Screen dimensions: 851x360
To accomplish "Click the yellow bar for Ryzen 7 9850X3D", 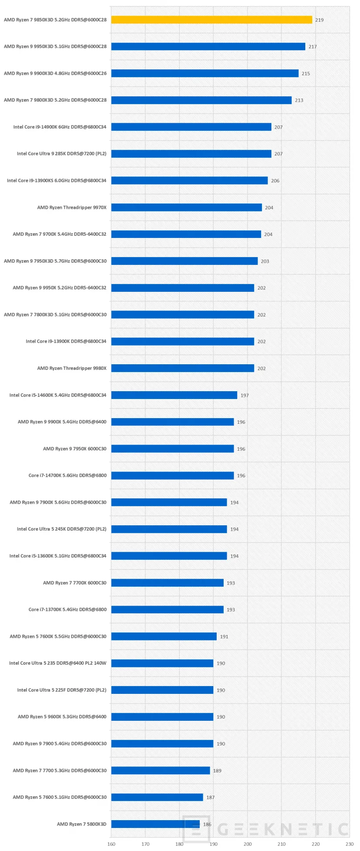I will (x=211, y=20).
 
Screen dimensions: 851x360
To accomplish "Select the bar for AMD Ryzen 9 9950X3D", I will (x=208, y=46).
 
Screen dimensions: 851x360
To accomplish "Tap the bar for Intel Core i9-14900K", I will (x=191, y=127).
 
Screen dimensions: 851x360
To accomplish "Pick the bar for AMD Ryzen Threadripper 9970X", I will (x=186, y=208).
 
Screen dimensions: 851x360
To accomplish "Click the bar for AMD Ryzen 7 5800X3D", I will (x=155, y=824).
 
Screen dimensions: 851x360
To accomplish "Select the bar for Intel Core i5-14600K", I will (x=174, y=395).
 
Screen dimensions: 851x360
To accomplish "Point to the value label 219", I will (x=319, y=20).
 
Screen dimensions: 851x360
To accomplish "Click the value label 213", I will (x=299, y=100).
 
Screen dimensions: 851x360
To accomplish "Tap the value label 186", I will (x=207, y=824).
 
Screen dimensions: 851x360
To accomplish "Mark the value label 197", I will (x=244, y=396).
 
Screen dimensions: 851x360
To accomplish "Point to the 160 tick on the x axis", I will (x=111, y=844).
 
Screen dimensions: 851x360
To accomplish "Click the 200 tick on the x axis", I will (x=248, y=844).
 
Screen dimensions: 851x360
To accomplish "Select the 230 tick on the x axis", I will (x=349, y=844).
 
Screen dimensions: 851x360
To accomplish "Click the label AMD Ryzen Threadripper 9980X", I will (x=72, y=368).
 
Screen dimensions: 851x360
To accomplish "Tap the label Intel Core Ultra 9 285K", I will (x=62, y=154).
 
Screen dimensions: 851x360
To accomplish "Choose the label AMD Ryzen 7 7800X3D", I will (x=55, y=314).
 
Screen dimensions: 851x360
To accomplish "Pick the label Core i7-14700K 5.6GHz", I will (x=67, y=475).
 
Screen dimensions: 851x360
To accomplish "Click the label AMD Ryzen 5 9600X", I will (x=62, y=716).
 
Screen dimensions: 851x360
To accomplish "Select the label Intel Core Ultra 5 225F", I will (x=62, y=690).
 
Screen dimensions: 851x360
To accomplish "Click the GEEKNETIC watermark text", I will (x=282, y=829).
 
